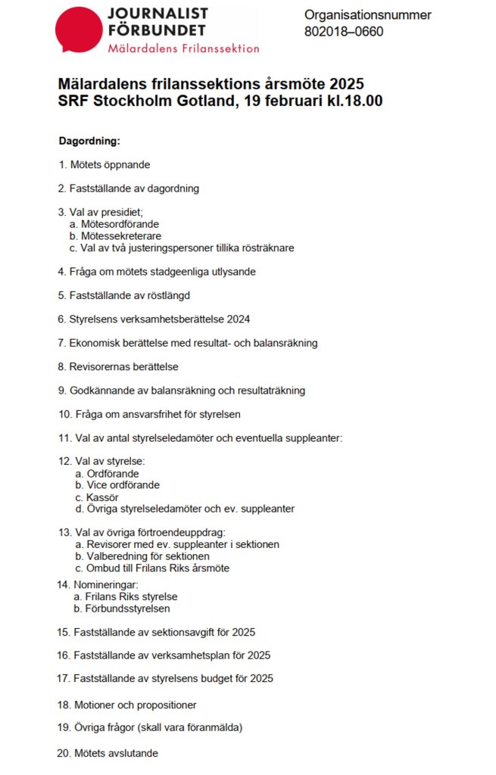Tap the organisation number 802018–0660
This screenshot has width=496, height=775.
point(344,32)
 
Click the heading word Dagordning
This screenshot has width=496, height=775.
point(89,141)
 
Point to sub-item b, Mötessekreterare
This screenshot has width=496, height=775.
point(120,236)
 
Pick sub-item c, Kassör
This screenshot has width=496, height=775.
point(102,497)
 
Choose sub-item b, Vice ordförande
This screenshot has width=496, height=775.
point(123,485)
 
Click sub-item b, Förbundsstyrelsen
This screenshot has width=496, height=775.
point(126,608)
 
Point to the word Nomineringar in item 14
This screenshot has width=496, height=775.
point(105,584)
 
